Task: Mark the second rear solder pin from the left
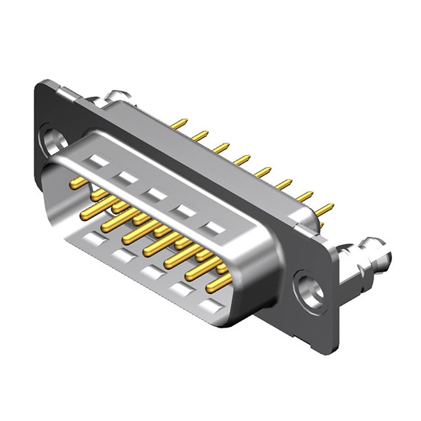point(200,136)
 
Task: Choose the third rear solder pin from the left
point(221,147)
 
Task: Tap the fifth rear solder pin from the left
point(263,172)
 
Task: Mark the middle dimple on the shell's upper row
point(155,194)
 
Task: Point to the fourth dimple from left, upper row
point(183,211)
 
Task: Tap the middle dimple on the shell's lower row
point(151,271)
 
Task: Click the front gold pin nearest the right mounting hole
point(220,284)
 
